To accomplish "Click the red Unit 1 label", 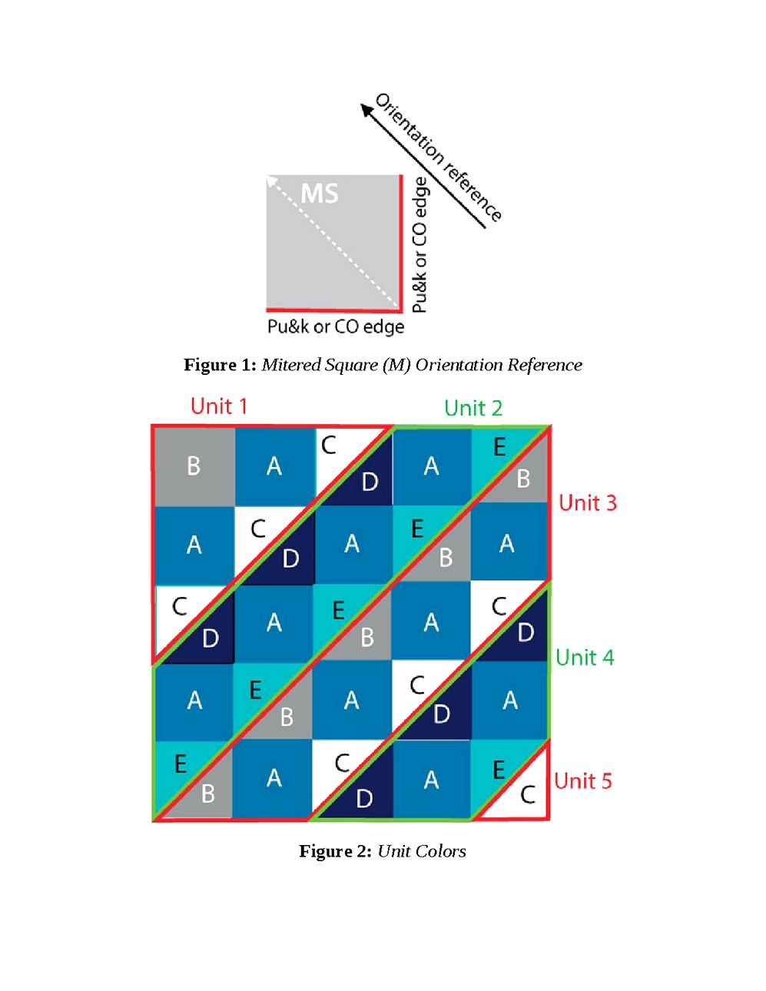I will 219,406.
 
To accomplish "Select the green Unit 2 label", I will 473,408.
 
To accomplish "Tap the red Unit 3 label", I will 588,503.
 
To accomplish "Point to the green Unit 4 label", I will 585,658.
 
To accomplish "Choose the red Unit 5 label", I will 583,781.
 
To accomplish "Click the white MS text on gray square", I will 319,194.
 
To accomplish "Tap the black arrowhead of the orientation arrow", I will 368,111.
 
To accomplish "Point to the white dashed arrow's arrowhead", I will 271,181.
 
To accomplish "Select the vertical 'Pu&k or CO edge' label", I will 419,244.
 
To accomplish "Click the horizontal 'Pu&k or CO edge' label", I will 336,326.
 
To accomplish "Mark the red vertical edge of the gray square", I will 400,241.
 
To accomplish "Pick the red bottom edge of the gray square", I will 333,310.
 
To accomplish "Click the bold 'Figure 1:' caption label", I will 220,365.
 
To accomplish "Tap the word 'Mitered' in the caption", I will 290,365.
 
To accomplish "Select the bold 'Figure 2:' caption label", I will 335,851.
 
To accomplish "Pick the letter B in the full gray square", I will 194,466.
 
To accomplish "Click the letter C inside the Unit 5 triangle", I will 528,794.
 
